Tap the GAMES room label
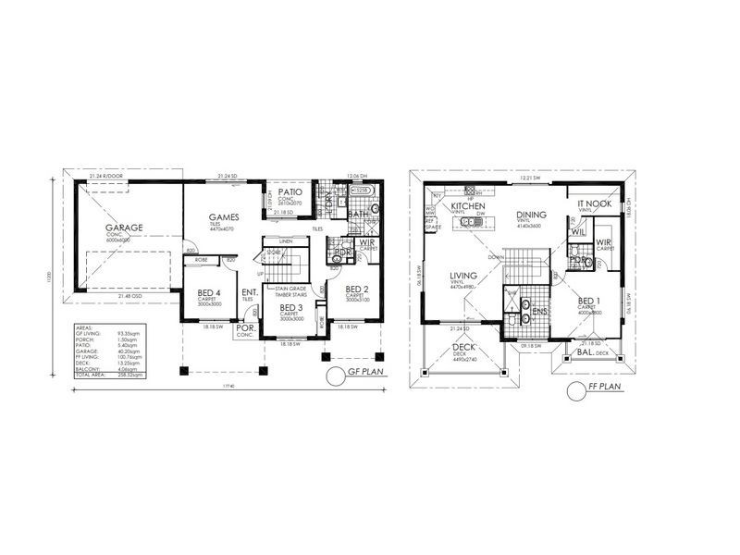pos(226,217)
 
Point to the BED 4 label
pos(210,296)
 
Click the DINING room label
pos(532,215)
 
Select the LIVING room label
pos(463,275)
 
